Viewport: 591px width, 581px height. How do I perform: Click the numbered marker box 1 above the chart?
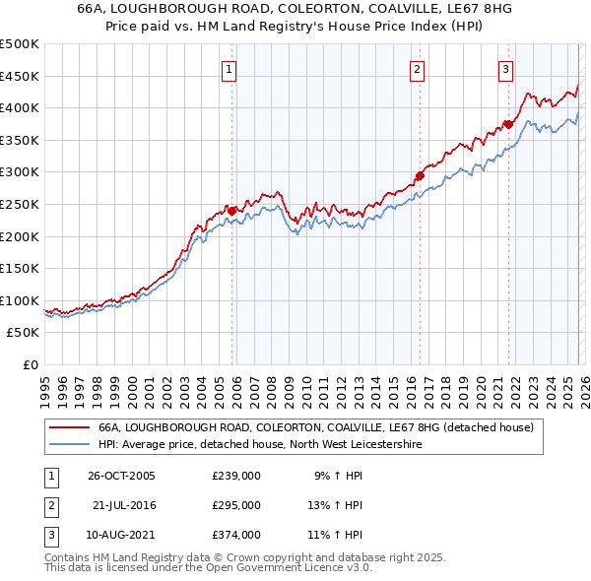[229, 69]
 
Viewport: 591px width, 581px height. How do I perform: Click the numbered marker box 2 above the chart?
[418, 69]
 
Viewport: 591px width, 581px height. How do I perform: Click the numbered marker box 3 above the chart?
[505, 69]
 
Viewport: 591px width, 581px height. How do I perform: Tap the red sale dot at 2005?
[232, 211]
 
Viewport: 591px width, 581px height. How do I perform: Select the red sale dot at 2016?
[420, 175]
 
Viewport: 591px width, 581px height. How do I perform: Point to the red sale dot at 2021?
[509, 124]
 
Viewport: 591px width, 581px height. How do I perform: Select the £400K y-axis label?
[21, 107]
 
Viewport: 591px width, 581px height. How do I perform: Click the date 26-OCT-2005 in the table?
[122, 476]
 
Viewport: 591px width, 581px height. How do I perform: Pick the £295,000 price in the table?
[236, 505]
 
